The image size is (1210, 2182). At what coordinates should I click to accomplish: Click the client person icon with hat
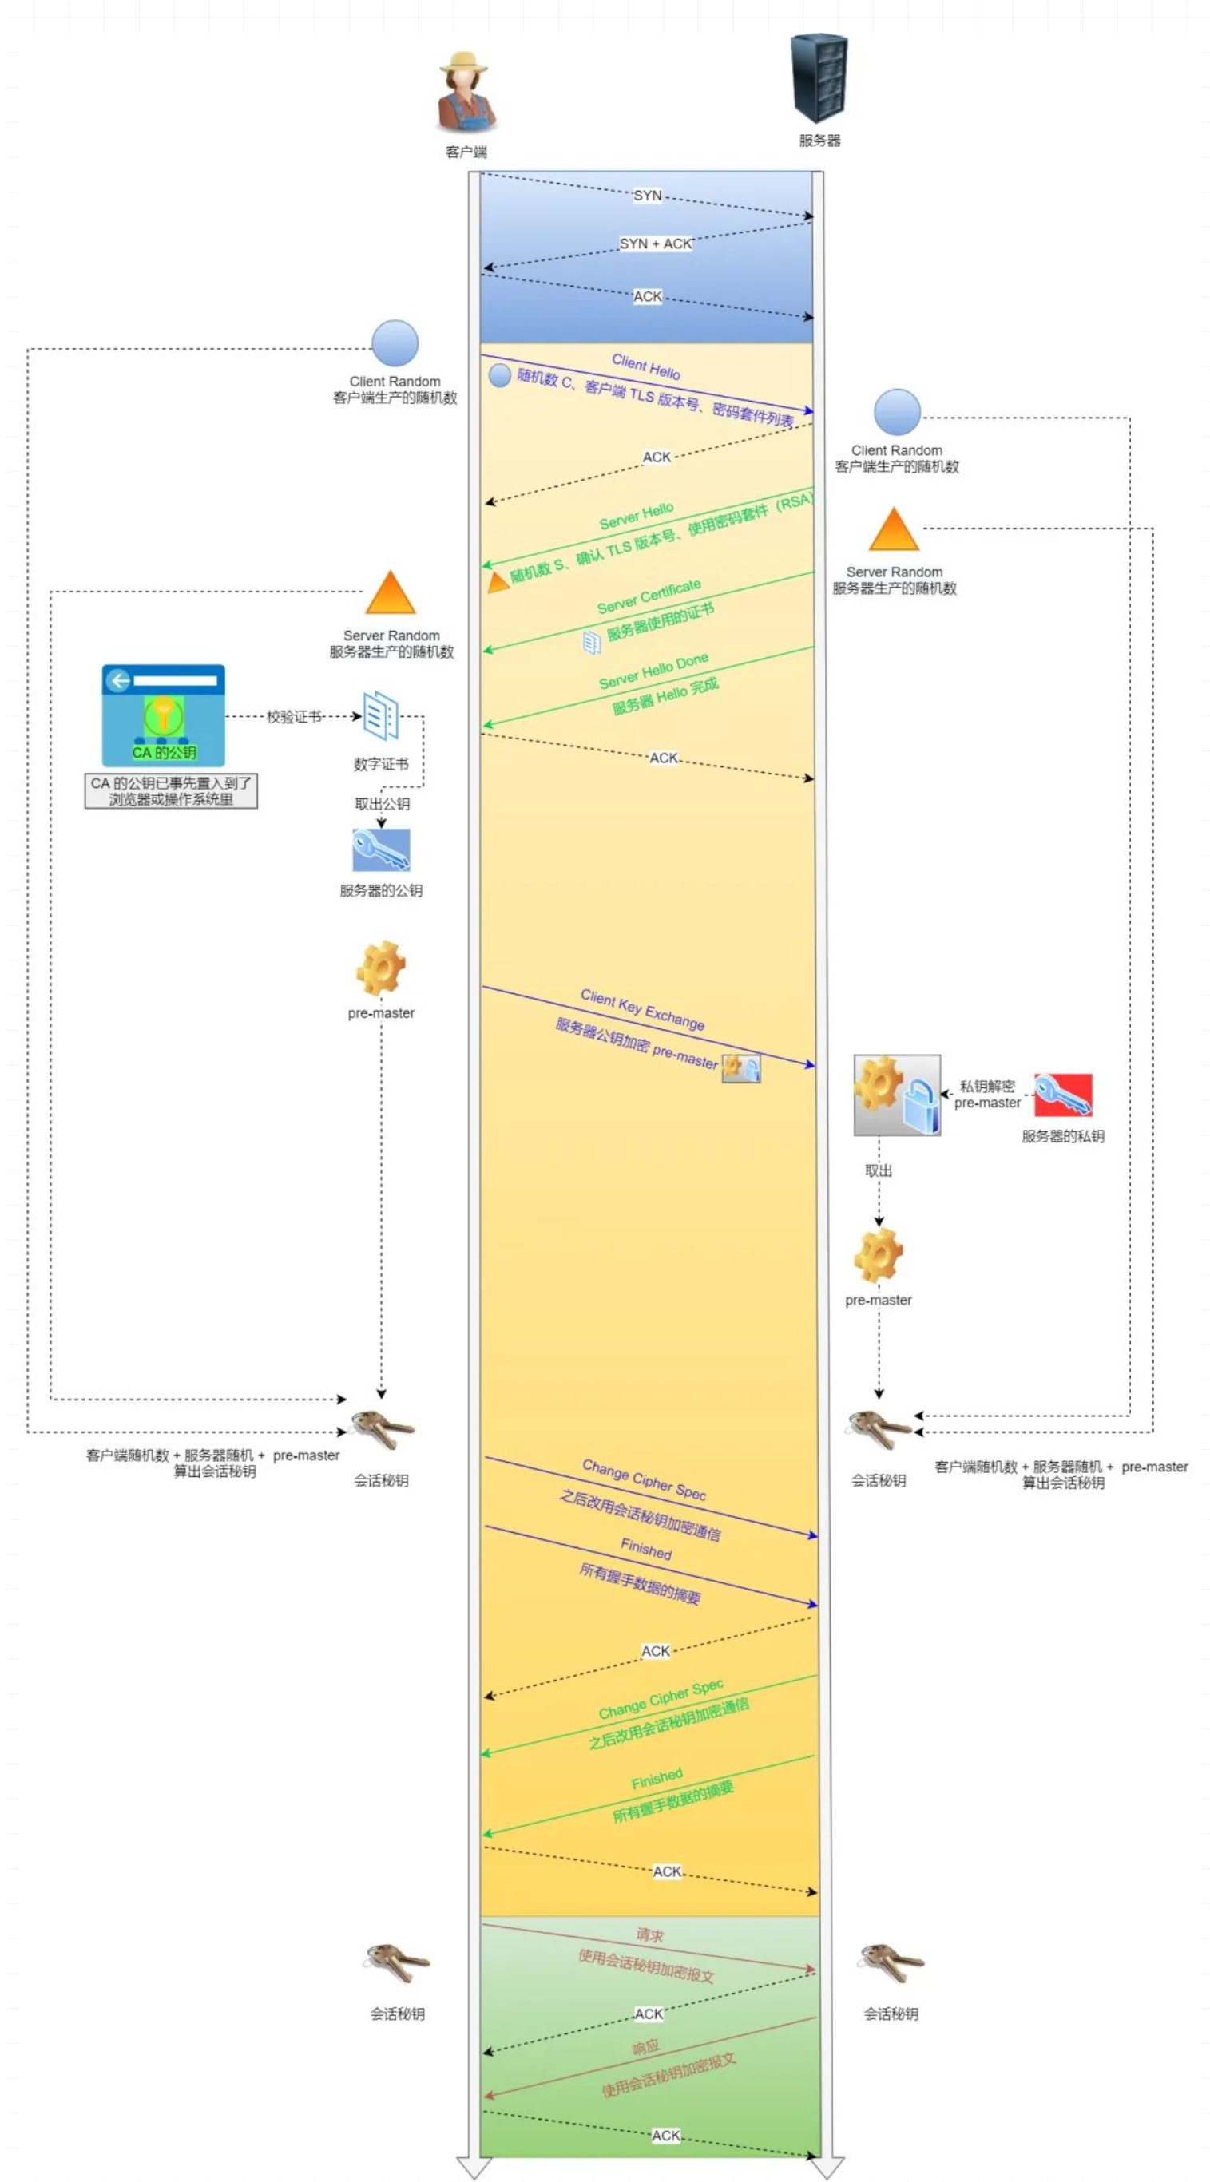466,93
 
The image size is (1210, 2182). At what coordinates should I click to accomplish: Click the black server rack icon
819,78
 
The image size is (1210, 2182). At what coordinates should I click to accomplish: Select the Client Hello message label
645,366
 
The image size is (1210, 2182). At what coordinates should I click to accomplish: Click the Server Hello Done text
653,671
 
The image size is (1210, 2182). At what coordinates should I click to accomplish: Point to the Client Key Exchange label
642,1009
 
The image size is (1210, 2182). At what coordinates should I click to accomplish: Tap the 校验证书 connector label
294,718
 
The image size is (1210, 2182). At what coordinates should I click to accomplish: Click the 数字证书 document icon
380,716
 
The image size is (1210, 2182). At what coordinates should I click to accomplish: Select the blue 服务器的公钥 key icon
381,849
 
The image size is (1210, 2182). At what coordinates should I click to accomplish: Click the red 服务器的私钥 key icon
1063,1095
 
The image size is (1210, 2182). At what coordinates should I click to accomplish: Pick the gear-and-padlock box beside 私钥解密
896,1095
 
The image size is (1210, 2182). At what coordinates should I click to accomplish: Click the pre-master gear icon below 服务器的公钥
380,968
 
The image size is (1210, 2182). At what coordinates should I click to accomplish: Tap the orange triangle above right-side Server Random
894,530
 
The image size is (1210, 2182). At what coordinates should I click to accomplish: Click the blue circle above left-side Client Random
395,344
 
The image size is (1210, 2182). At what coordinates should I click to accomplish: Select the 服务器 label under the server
819,141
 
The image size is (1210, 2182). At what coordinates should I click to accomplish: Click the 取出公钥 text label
382,804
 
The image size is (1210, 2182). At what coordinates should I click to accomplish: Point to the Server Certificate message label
649,596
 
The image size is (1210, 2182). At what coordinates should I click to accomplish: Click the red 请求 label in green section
650,1934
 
